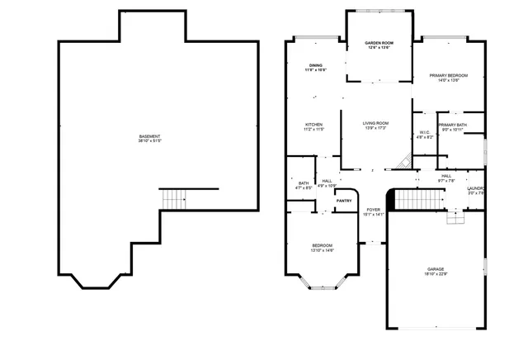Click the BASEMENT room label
click(x=149, y=137)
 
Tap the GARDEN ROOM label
click(x=379, y=44)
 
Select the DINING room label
click(x=316, y=65)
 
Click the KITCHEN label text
click(x=313, y=125)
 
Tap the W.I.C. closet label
click(x=424, y=132)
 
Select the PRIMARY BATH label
click(x=452, y=125)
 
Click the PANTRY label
click(x=344, y=200)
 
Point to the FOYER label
click(x=374, y=210)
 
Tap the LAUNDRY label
click(x=477, y=188)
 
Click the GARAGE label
click(x=436, y=269)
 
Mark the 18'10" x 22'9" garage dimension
click(x=436, y=274)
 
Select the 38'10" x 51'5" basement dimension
click(x=149, y=142)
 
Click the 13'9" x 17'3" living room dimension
click(x=375, y=129)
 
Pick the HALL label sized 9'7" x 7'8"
click(x=446, y=176)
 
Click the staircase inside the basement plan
click(x=174, y=198)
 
